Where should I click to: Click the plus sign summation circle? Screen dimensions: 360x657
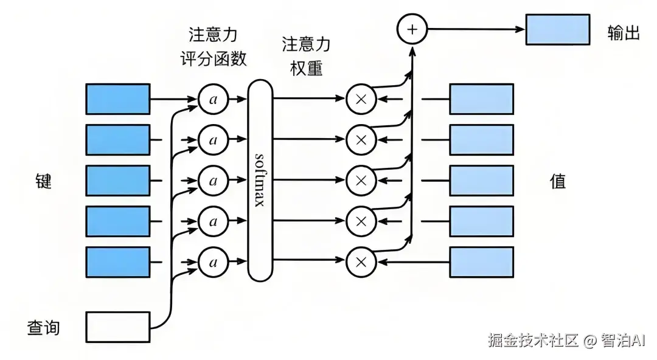(412, 29)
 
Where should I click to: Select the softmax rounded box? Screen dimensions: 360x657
(260, 181)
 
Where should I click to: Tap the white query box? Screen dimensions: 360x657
(118, 327)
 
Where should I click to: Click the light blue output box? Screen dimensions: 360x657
(557, 29)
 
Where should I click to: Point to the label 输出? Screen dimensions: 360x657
(624, 33)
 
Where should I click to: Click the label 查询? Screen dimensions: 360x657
(43, 328)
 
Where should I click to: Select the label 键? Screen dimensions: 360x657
(43, 181)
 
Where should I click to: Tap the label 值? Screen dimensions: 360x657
(558, 181)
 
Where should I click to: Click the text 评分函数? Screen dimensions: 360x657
(214, 59)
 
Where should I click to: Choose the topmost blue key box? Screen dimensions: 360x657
(118, 99)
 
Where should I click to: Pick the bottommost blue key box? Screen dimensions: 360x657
(118, 262)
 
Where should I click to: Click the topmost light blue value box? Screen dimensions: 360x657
(481, 99)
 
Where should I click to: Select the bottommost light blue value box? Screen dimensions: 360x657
(481, 262)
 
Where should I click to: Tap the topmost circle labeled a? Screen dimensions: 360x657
(213, 99)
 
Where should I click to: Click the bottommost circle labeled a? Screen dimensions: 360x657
(213, 262)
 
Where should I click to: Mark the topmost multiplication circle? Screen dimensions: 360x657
(361, 99)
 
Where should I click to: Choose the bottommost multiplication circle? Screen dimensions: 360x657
(361, 262)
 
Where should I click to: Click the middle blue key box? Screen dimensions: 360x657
(118, 181)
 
